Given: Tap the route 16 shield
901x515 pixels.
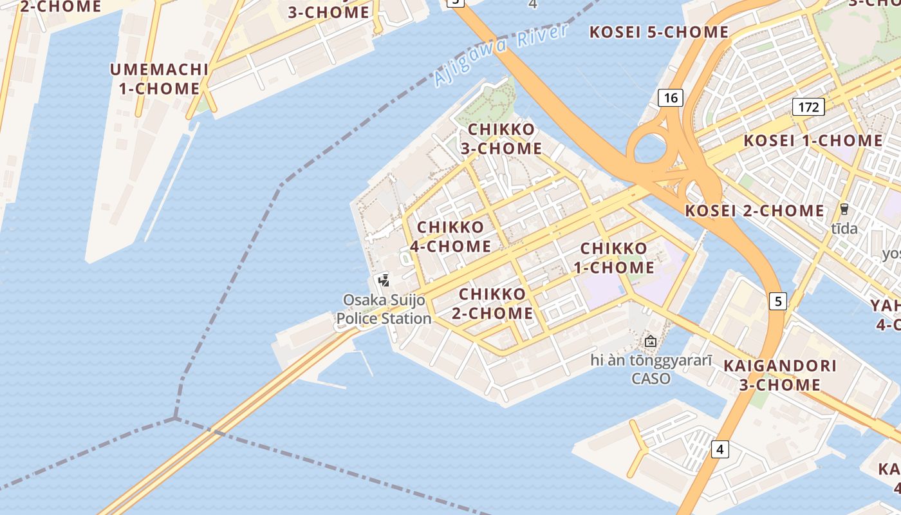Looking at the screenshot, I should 670,98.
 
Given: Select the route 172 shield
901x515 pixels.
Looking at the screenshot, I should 808,107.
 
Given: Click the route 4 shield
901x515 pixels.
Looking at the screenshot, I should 720,449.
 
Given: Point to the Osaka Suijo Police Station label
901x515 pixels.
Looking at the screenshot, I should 384,309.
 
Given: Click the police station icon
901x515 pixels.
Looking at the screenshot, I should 384,280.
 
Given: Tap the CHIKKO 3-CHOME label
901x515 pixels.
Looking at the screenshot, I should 501,138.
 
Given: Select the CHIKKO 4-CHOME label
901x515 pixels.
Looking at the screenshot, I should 450,236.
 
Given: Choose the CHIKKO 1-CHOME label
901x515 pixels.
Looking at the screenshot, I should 617,257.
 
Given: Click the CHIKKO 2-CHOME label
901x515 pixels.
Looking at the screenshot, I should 496,304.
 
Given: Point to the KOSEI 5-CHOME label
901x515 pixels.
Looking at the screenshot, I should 659,32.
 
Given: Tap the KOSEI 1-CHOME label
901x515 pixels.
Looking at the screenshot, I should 813,140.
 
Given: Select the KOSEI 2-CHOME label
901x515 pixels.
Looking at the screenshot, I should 754,211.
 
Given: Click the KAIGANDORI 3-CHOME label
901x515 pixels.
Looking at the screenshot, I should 780,375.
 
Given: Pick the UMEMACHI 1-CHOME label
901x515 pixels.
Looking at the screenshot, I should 159,79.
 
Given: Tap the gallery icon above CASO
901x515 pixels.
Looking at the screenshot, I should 651,341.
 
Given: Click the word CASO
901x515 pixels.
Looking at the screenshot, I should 651,379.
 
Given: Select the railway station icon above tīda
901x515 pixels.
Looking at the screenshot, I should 844,209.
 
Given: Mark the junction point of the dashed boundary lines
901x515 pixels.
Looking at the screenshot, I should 175,418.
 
